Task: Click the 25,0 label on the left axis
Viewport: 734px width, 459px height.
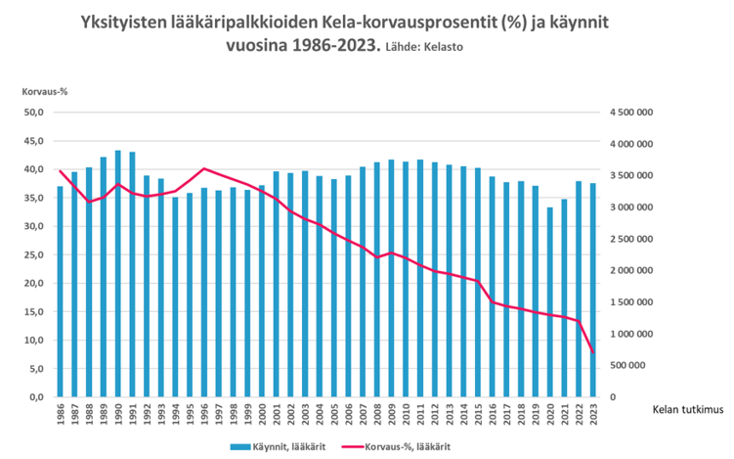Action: point(33,254)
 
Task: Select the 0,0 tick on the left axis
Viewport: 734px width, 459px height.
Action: point(36,397)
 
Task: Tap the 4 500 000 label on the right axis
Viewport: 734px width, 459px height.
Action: point(631,113)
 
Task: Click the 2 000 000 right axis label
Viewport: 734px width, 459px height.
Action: point(631,271)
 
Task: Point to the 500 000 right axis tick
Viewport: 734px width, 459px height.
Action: point(637,366)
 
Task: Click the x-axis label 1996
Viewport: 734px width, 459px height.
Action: point(204,417)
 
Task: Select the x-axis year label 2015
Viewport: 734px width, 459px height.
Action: point(478,417)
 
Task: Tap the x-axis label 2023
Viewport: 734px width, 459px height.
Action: point(593,417)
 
